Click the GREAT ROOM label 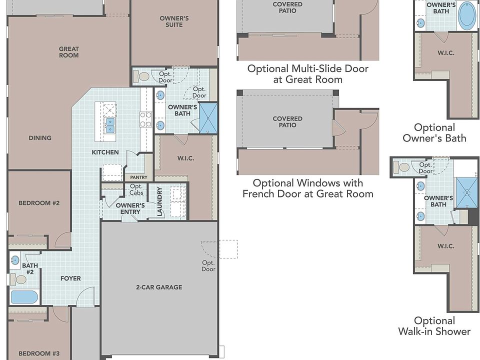coord(69,52)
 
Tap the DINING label coord(40,138)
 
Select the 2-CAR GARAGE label coord(159,287)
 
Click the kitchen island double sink coord(110,126)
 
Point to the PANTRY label coord(138,177)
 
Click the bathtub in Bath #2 coord(24,296)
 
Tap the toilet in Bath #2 coord(18,279)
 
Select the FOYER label coord(70,278)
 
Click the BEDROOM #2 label coord(39,203)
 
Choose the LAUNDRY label coord(159,201)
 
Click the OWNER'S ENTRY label coord(130,208)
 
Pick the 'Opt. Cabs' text coord(136,189)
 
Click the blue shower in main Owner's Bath coord(208,118)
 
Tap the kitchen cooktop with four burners coord(145,119)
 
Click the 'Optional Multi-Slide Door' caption coord(307,68)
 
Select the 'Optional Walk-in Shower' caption coord(434,326)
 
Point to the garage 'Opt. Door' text coord(208,265)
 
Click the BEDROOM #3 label coord(39,353)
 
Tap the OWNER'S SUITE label coord(174,21)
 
